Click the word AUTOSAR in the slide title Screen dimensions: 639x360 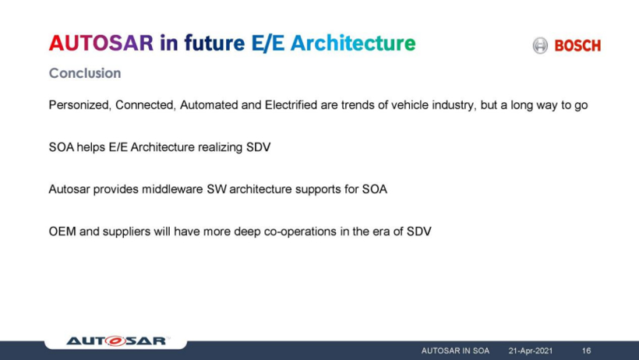101,43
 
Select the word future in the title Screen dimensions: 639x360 214,43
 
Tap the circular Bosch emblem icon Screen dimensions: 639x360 540,45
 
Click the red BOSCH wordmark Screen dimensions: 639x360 577,46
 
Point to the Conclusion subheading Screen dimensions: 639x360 85,73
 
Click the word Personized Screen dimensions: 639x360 79,105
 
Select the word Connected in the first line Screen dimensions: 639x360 146,105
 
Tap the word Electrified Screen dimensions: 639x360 291,105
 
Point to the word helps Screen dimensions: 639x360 91,147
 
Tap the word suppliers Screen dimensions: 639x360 126,231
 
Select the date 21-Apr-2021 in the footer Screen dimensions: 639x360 530,351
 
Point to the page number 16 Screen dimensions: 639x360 587,351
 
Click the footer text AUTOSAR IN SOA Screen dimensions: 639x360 455,351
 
